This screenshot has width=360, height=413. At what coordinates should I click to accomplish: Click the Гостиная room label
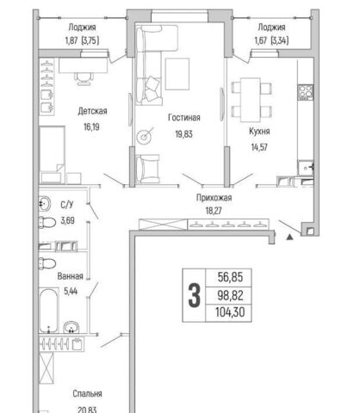184,118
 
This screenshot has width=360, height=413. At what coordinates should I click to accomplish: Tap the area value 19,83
184,134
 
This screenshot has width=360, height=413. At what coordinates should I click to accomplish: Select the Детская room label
92,111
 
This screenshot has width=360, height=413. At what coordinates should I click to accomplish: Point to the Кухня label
259,132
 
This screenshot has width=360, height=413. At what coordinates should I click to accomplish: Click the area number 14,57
259,147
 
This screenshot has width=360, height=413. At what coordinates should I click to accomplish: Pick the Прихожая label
214,198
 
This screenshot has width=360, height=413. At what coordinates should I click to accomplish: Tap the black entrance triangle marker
290,237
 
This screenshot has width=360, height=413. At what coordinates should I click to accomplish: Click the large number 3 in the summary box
194,295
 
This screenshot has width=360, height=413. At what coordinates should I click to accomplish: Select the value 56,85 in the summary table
230,277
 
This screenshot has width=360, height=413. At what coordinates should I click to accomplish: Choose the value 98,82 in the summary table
230,295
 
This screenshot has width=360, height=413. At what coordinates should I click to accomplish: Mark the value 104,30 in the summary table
230,312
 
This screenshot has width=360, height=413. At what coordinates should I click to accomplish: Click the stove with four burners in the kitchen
306,92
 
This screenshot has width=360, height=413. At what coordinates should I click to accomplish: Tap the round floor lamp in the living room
144,137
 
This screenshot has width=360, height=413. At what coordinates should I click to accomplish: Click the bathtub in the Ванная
49,311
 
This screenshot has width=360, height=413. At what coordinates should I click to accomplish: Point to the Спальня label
87,394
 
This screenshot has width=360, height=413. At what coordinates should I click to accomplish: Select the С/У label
67,205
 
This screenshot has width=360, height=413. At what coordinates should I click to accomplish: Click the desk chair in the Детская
84,78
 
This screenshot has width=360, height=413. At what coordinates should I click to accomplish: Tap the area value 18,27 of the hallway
214,211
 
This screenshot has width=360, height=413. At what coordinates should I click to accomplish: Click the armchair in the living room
147,169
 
